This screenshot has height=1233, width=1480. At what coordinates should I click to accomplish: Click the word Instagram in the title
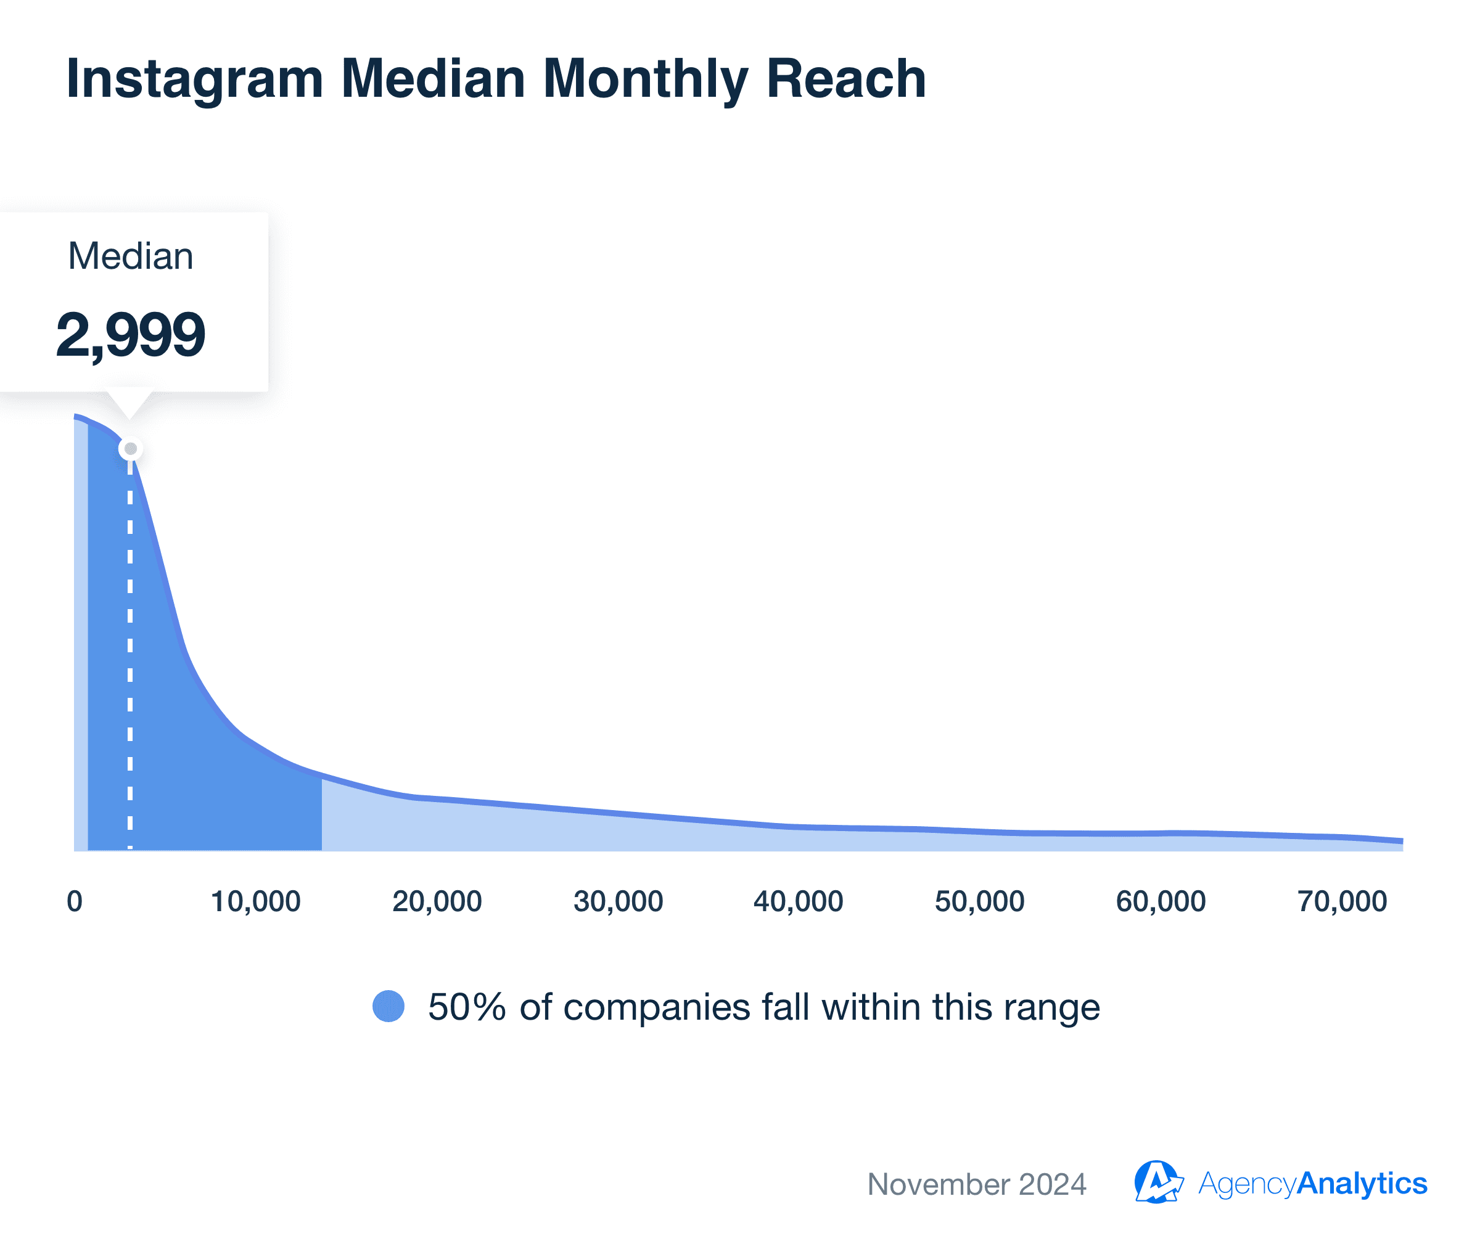pos(194,79)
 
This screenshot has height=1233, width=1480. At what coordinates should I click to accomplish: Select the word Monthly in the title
pos(645,79)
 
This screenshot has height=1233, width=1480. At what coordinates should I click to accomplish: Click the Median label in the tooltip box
pos(130,256)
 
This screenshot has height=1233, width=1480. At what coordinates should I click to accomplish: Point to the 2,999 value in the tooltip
pos(130,334)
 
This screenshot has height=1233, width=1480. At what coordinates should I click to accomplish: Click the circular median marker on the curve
pos(130,449)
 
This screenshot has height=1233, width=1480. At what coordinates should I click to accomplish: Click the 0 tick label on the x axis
pos(75,901)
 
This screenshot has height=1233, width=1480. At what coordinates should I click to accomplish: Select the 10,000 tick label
pos(256,901)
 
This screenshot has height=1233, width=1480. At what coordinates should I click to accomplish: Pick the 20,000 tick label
pos(437,901)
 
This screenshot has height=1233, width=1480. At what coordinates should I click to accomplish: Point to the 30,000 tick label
pos(618,901)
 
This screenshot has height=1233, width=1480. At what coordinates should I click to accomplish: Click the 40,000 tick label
pos(799,901)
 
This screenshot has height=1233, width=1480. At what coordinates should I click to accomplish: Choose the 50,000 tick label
pos(980,901)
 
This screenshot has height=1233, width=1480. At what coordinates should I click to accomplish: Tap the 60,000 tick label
pos(1161,901)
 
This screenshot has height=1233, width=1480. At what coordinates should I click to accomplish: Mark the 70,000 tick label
pos(1342,901)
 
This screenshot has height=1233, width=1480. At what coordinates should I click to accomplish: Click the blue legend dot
pos(388,1006)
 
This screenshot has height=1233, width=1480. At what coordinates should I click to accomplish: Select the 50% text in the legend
pos(467,1007)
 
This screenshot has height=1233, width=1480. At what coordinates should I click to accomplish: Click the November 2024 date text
pos(977,1184)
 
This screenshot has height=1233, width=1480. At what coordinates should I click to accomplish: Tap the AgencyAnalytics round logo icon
pos(1156,1182)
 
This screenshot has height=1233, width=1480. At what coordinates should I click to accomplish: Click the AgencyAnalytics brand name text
pos(1312,1183)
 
